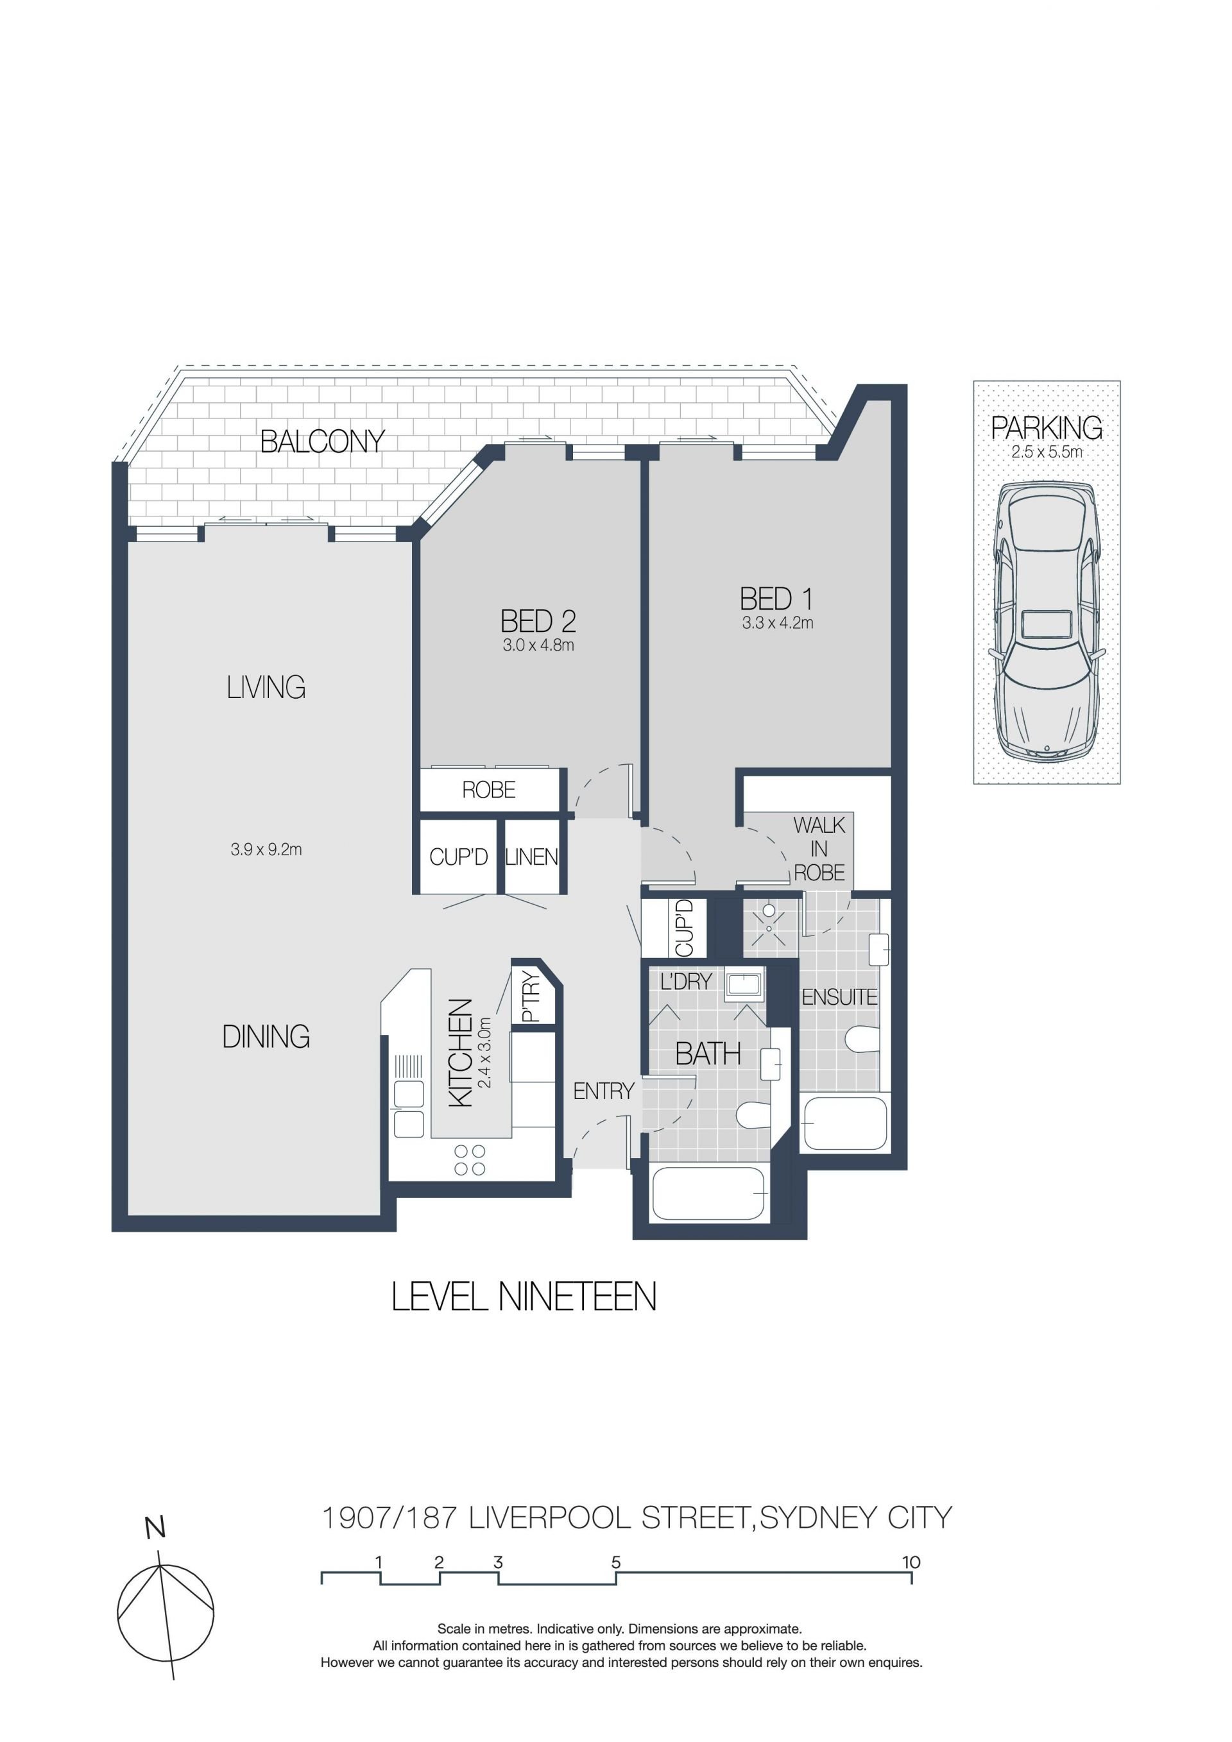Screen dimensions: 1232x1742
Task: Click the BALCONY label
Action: click(x=322, y=441)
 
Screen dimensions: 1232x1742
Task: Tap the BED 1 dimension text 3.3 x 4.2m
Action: click(x=778, y=623)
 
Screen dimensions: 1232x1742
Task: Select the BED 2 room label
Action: click(x=538, y=621)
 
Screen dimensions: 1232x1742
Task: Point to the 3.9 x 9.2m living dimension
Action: click(x=266, y=850)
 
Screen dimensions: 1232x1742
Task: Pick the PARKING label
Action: click(x=1047, y=428)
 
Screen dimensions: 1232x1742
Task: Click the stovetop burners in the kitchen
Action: click(x=470, y=1160)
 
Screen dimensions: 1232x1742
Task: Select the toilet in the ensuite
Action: click(x=862, y=1039)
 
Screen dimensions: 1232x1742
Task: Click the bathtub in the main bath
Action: click(x=708, y=1193)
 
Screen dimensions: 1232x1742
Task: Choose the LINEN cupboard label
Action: click(x=532, y=857)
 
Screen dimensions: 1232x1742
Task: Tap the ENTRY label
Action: click(x=603, y=1091)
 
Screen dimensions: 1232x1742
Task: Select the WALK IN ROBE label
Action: click(x=819, y=848)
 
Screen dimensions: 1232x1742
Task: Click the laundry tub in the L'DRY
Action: click(x=744, y=986)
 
